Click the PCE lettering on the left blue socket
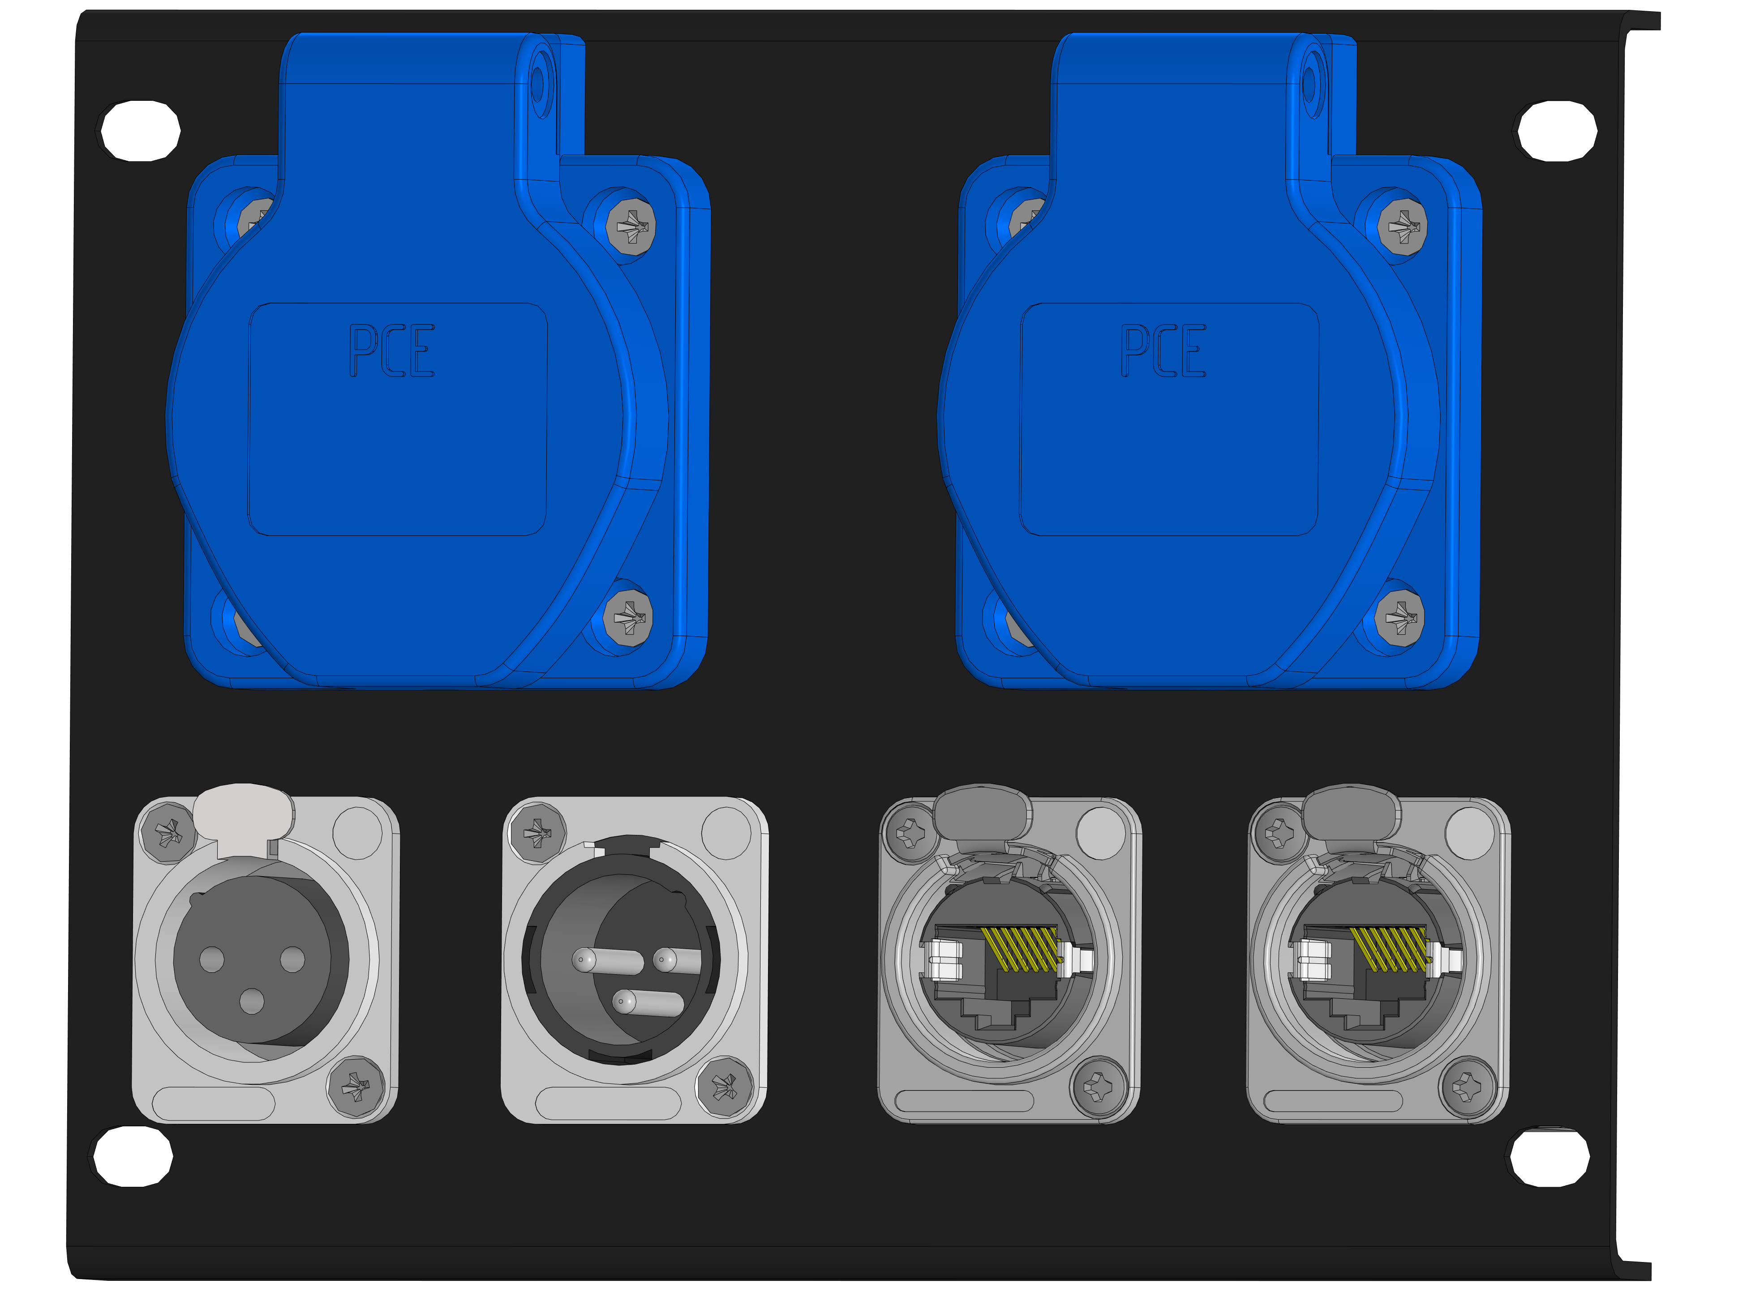click(391, 351)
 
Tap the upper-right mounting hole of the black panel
click(1557, 131)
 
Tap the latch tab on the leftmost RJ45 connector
click(982, 813)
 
